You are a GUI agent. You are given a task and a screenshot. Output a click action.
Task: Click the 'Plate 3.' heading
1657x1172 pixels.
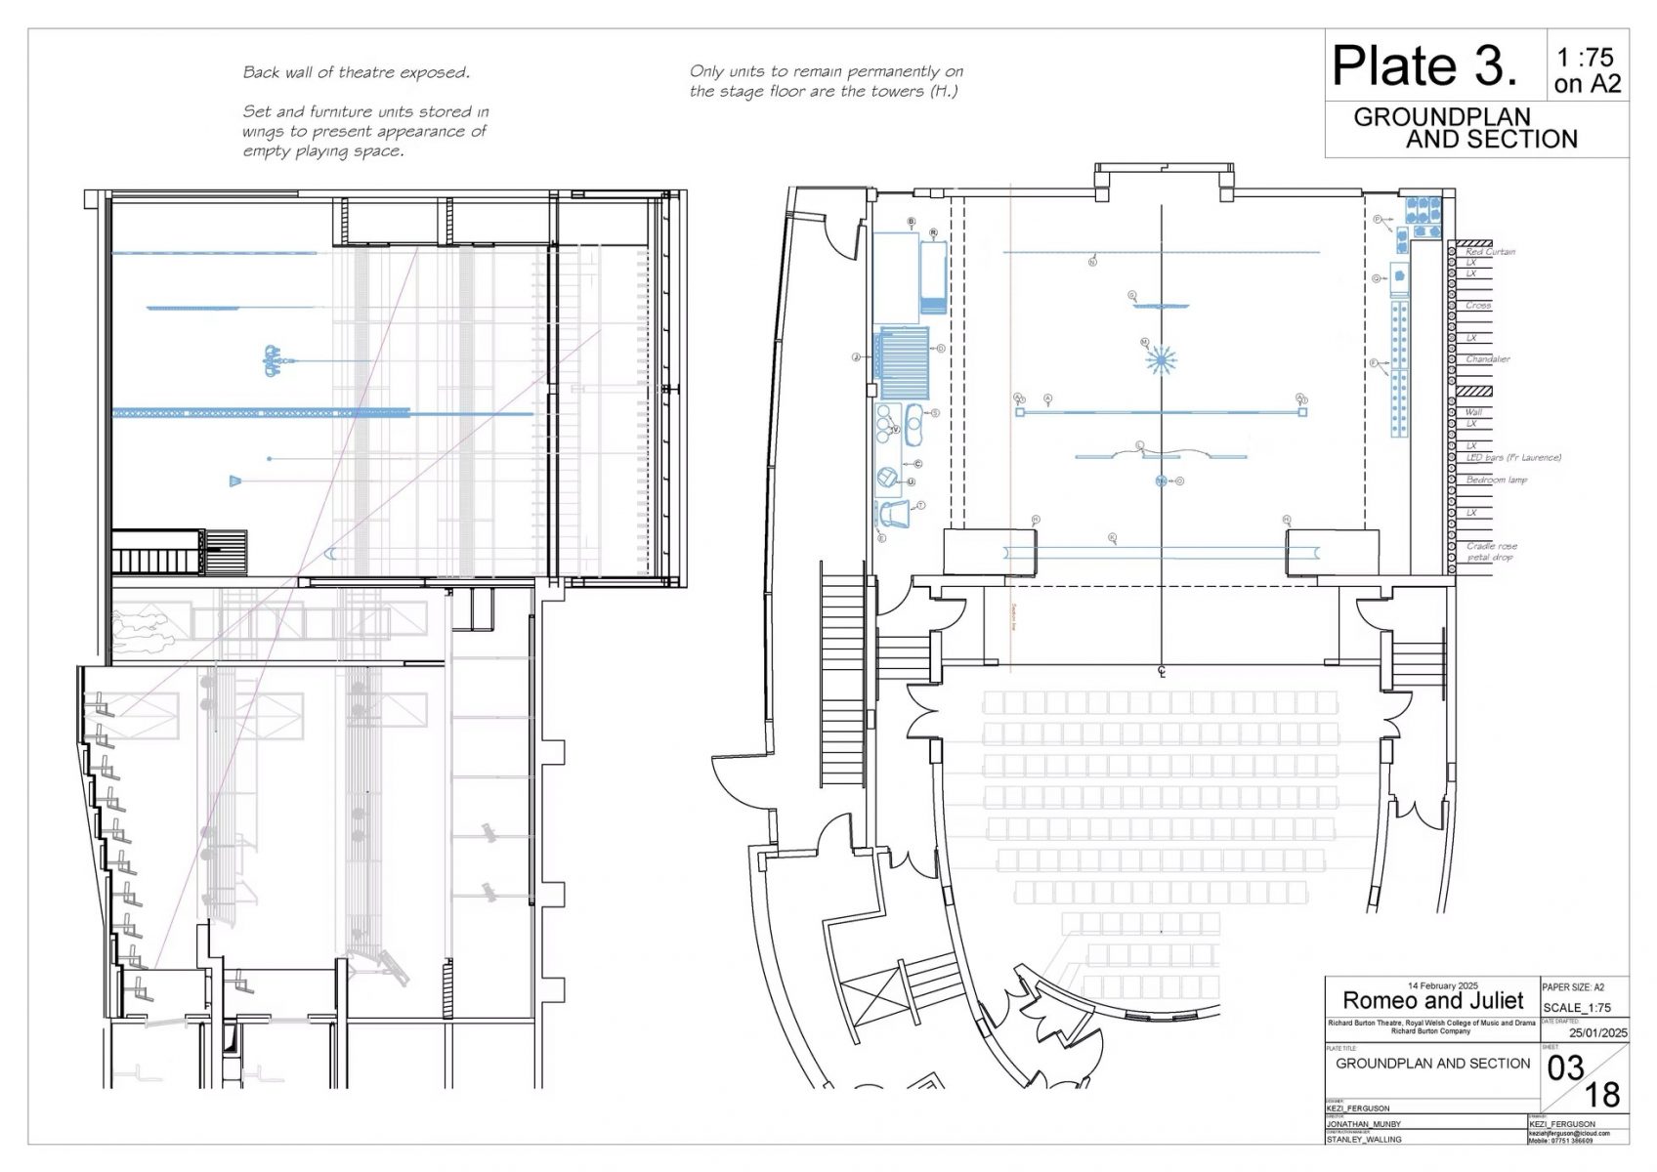point(1424,66)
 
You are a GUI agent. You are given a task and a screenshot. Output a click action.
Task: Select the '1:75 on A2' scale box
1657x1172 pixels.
point(1587,70)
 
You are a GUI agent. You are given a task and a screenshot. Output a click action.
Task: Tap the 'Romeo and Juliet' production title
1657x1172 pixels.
point(1432,1000)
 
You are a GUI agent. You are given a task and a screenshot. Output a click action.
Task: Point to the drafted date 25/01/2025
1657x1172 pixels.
point(1597,1032)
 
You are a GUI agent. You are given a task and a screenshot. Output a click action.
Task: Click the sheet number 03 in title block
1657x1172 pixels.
point(1565,1068)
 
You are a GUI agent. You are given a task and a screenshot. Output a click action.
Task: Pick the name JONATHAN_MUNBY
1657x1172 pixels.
point(1363,1124)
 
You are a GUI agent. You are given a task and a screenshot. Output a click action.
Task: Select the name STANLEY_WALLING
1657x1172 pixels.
point(1363,1139)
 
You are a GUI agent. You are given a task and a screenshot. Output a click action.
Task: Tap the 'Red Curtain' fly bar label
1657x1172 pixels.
point(1490,252)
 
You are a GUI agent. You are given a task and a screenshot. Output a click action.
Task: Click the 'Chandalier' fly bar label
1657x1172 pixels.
point(1487,359)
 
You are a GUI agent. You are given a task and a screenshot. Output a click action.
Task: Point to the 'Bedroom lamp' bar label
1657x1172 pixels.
point(1496,480)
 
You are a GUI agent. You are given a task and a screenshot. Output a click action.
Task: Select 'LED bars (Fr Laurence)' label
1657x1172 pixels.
point(1512,457)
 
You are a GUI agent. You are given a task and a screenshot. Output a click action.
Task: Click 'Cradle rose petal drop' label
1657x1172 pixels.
point(1491,552)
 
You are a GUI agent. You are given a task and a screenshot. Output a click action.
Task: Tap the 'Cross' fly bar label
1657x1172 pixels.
point(1477,306)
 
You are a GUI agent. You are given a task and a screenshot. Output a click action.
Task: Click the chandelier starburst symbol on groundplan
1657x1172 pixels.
point(1161,360)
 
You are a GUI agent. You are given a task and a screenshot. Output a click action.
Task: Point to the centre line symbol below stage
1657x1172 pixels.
point(1162,671)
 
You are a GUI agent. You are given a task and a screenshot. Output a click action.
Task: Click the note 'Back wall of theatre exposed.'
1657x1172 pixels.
point(356,72)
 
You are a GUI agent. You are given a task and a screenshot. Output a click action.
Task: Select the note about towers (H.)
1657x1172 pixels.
point(826,81)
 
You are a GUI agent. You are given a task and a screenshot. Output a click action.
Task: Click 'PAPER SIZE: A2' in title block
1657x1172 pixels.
point(1572,987)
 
